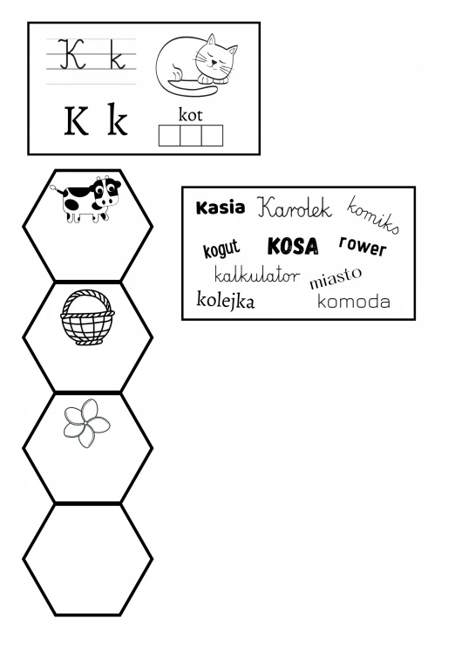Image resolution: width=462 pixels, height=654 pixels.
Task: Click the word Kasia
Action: click(x=221, y=208)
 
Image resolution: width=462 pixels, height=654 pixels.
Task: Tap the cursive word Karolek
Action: click(x=294, y=208)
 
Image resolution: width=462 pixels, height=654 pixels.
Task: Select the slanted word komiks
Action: click(x=373, y=215)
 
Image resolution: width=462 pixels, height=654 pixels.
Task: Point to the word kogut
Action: click(x=221, y=249)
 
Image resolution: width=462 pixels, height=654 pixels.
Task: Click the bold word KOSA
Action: click(x=293, y=246)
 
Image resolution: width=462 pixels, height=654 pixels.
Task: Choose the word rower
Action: click(x=363, y=246)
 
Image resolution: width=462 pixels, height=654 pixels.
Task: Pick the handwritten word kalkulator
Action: click(x=257, y=275)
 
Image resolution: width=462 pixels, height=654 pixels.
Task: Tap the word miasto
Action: click(x=336, y=278)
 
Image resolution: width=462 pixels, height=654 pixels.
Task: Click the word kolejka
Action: click(x=225, y=300)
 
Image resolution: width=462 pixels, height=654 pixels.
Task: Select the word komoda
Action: click(x=354, y=301)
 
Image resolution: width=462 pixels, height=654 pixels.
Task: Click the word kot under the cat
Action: click(x=191, y=115)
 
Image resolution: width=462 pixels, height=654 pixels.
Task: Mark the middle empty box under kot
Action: click(x=191, y=135)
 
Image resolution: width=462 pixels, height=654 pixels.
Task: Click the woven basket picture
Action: click(x=87, y=317)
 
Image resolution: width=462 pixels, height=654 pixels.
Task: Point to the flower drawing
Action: click(x=86, y=423)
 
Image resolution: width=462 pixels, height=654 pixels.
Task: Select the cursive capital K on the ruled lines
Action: click(x=71, y=54)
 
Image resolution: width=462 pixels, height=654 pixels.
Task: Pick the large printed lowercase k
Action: click(x=117, y=119)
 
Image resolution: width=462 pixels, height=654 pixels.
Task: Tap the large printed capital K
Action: click(x=77, y=121)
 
